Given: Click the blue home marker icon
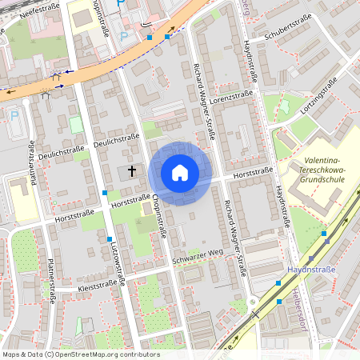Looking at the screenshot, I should click(180, 173).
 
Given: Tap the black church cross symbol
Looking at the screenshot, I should click(132, 170).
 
